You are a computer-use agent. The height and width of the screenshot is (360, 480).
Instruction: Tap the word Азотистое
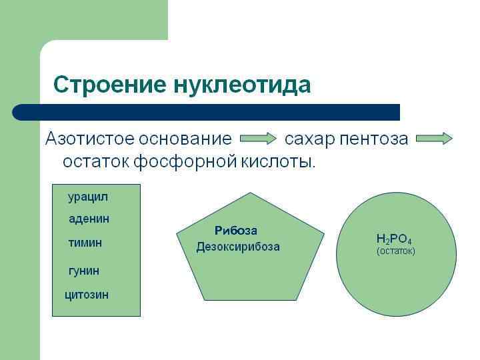pos(87,139)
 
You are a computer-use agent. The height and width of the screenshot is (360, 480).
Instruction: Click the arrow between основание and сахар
pos(258,139)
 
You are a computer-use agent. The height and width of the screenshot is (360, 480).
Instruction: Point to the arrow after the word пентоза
pos(434,139)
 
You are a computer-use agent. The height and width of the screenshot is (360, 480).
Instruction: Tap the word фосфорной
pos(185,161)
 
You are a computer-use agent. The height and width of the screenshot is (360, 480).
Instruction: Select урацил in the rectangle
pos(87,197)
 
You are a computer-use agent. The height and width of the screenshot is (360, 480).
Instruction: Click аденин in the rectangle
pos(89,219)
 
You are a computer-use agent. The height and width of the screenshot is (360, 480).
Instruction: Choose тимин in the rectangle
pos(85,243)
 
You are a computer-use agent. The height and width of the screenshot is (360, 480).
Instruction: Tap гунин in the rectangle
pos(84,271)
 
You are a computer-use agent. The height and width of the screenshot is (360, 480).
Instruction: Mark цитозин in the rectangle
pos(87,295)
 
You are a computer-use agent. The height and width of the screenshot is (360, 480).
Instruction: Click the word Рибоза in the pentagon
pos(235,231)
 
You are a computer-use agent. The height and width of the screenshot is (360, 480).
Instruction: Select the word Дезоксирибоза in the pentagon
pos(238,247)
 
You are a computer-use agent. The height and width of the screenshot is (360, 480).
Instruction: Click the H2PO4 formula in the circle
pos(394,239)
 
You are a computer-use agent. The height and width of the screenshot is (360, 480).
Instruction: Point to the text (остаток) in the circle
pos(396,251)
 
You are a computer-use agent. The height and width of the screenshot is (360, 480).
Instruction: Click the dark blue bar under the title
pos(207,112)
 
